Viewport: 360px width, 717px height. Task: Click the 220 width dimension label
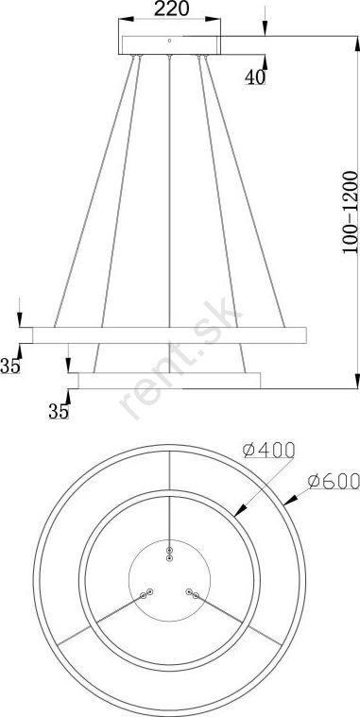tap(172, 9)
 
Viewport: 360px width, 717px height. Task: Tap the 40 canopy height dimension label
tap(255, 77)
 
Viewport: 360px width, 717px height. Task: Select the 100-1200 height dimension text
tap(350, 213)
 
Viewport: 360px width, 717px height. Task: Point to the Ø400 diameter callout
tap(268, 451)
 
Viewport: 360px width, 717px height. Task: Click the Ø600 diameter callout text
tap(334, 481)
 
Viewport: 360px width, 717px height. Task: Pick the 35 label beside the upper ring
tap(10, 366)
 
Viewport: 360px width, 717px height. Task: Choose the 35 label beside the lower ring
tap(59, 412)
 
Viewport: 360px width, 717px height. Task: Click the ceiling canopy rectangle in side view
tap(169, 45)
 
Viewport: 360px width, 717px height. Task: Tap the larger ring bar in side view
tap(169, 335)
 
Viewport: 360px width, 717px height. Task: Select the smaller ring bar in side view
tap(169, 381)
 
